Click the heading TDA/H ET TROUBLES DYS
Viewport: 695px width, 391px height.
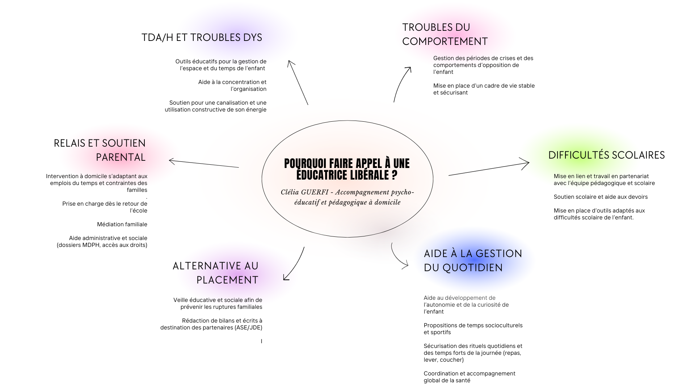[x=202, y=37]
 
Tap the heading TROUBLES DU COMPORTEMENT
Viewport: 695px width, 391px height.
[x=445, y=34]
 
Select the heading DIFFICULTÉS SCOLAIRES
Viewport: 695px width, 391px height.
[x=606, y=155]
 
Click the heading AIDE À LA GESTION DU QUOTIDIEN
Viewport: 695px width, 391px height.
[x=473, y=260]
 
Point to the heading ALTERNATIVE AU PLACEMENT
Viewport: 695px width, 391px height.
[x=216, y=273]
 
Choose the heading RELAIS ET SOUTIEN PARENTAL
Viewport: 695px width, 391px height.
[x=100, y=150]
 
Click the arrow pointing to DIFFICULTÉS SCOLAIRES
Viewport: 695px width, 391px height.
[x=489, y=169]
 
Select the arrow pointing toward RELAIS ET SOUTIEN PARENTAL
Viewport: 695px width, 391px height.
[x=204, y=164]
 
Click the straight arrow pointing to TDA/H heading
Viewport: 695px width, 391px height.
[x=298, y=83]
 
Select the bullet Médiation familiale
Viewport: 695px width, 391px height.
[x=122, y=224]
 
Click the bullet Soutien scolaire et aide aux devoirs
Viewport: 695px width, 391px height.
[x=601, y=197]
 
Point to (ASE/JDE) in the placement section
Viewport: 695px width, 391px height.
[x=249, y=328]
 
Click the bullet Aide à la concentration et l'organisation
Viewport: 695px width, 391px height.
[x=232, y=85]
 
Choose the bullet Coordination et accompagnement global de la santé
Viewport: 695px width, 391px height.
[x=469, y=377]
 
